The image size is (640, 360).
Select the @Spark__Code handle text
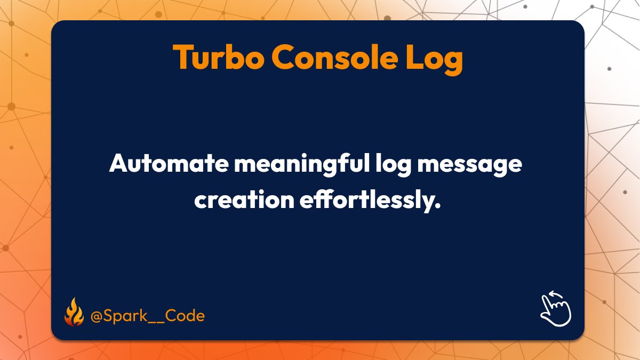(x=147, y=316)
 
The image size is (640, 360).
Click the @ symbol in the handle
(x=96, y=316)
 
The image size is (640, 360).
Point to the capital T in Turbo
(x=182, y=57)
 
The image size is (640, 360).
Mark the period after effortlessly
(x=443, y=206)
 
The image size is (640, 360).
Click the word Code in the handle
(x=184, y=316)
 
